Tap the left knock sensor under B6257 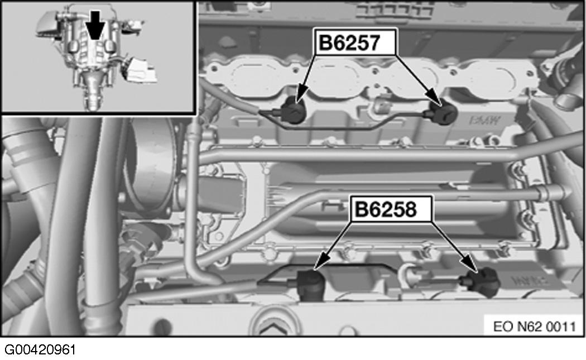292,109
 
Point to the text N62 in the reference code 530,325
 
